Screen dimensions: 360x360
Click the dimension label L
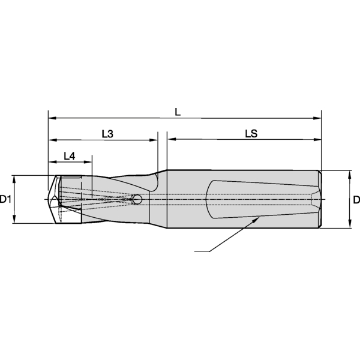tap(178, 112)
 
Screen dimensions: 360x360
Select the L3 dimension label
tap(107, 134)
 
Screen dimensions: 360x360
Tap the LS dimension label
tap(251, 134)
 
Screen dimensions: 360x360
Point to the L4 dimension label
tap(70, 156)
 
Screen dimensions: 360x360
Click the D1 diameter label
tap(6, 199)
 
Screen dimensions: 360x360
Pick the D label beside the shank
tap(356, 199)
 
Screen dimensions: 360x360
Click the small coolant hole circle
tap(137, 199)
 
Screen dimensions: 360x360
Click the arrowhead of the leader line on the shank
tap(257, 220)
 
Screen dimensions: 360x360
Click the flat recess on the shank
tap(258, 198)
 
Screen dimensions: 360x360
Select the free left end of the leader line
tap(196, 251)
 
